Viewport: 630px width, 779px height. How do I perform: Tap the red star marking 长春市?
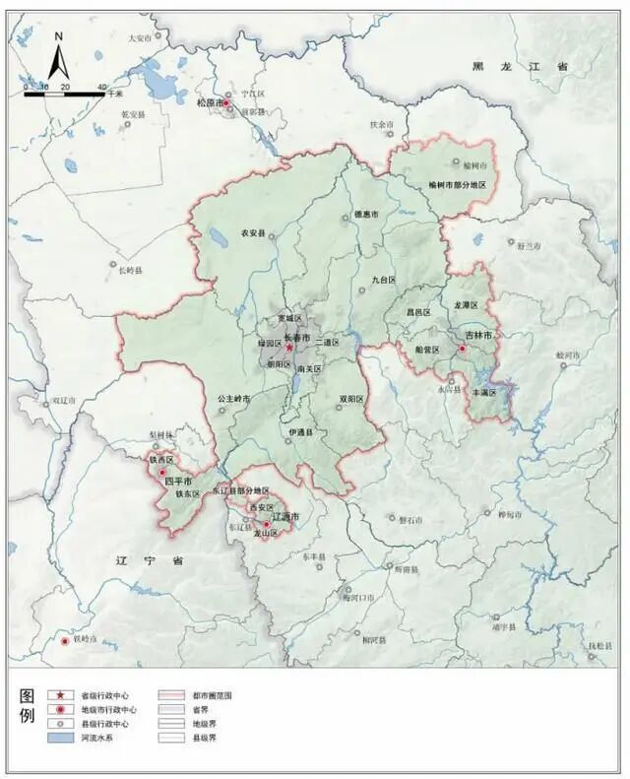[289, 348]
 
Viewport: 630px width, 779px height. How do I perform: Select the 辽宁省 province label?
[136, 560]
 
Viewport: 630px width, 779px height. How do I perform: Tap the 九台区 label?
[383, 280]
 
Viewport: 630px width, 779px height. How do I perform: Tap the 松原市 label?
[210, 101]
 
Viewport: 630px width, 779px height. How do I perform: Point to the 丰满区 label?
[486, 392]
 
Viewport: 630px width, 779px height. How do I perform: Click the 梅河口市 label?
[359, 598]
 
